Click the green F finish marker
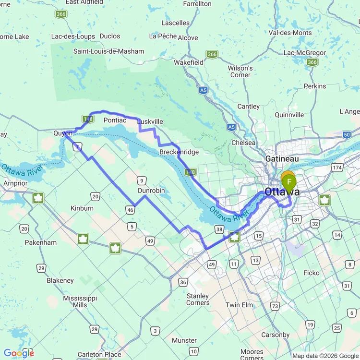289,182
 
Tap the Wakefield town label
188,62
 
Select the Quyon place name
63,133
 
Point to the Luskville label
150,122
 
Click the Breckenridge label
179,152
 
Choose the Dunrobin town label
151,191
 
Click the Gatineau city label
282,158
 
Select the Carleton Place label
99,354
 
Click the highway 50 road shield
347,135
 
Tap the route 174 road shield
337,168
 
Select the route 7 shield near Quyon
77,146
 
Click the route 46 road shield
131,209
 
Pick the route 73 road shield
275,306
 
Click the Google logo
19,353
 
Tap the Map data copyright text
325,356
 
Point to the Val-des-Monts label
290,33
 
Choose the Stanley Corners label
198,300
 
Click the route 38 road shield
219,229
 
